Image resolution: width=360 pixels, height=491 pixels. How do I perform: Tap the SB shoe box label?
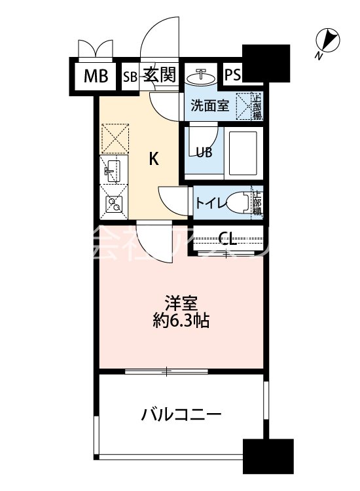coord(130,75)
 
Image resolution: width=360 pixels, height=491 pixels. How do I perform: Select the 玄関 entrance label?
coord(160,74)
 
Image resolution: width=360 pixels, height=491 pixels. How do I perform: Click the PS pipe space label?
coord(232,75)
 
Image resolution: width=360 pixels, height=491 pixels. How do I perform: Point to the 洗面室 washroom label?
coord(209,105)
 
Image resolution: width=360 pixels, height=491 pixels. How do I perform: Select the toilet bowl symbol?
coord(243,202)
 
